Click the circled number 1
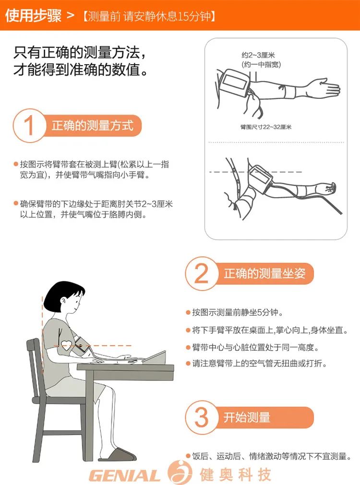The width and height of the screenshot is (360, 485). [x=29, y=125]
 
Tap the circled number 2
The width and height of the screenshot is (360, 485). [x=202, y=273]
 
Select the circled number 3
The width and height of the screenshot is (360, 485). [x=202, y=417]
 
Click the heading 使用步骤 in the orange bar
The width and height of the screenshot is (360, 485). [x=33, y=15]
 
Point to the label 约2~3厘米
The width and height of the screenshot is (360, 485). [x=258, y=55]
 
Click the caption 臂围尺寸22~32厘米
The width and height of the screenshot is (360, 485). [x=266, y=127]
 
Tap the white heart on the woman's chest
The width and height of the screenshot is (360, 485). [x=67, y=345]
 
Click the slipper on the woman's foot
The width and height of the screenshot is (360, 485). [x=118, y=455]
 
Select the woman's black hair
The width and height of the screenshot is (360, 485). [x=62, y=294]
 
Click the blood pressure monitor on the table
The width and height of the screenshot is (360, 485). [x=155, y=357]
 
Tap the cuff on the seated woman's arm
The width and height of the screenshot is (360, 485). [x=82, y=346]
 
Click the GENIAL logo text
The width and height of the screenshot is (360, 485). [x=124, y=475]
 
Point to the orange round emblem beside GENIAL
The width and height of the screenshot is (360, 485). [x=180, y=473]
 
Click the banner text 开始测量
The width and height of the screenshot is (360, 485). [x=247, y=417]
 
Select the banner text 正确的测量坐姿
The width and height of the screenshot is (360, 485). [x=264, y=273]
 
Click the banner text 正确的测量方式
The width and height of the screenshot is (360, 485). [x=92, y=125]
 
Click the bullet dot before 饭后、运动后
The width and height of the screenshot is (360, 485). [x=188, y=456]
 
